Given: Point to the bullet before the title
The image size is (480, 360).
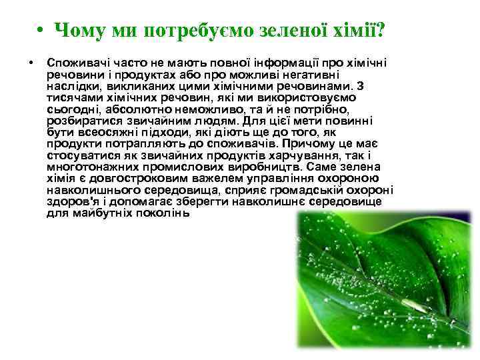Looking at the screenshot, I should (x=41, y=31).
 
